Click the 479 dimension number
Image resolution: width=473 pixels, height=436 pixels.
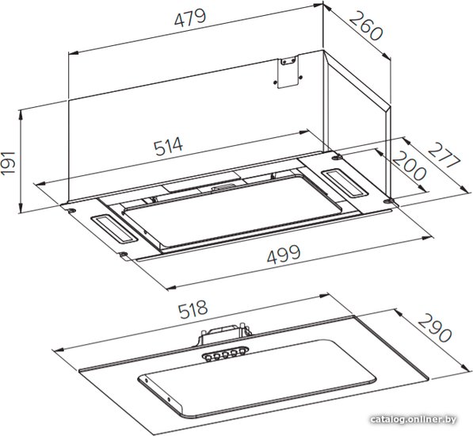190,18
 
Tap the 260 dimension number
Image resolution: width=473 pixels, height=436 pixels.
366,26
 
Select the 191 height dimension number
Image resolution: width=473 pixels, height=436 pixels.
9,163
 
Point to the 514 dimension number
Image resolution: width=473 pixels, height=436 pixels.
168,146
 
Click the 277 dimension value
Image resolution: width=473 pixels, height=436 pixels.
444,155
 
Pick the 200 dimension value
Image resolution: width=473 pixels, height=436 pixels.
410,166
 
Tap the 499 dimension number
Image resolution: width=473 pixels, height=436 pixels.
284,254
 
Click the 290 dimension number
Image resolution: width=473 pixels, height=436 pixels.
435,327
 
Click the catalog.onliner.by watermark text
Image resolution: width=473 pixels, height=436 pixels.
414,419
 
